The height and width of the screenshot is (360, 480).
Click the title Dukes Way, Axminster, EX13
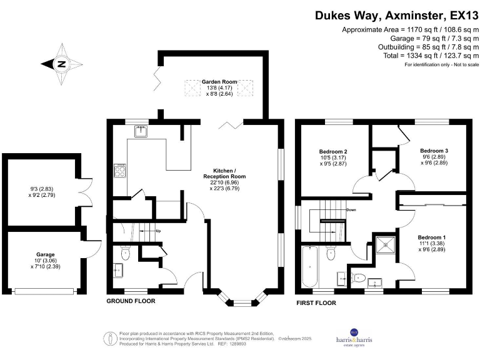tap(395, 15)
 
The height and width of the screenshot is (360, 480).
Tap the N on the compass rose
tap(61, 63)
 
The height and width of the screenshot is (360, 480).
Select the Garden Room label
tap(219, 82)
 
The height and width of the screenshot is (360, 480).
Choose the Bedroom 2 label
tap(333, 152)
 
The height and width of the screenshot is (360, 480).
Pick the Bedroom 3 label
tap(434, 151)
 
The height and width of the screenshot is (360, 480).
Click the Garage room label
tap(45, 255)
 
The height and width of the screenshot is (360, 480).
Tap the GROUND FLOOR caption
tap(131, 301)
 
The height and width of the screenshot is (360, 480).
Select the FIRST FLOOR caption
tap(316, 303)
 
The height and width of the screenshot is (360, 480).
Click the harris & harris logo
tap(354, 337)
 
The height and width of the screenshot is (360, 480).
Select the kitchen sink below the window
tap(141, 131)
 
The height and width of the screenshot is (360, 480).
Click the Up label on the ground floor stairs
tap(158, 232)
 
